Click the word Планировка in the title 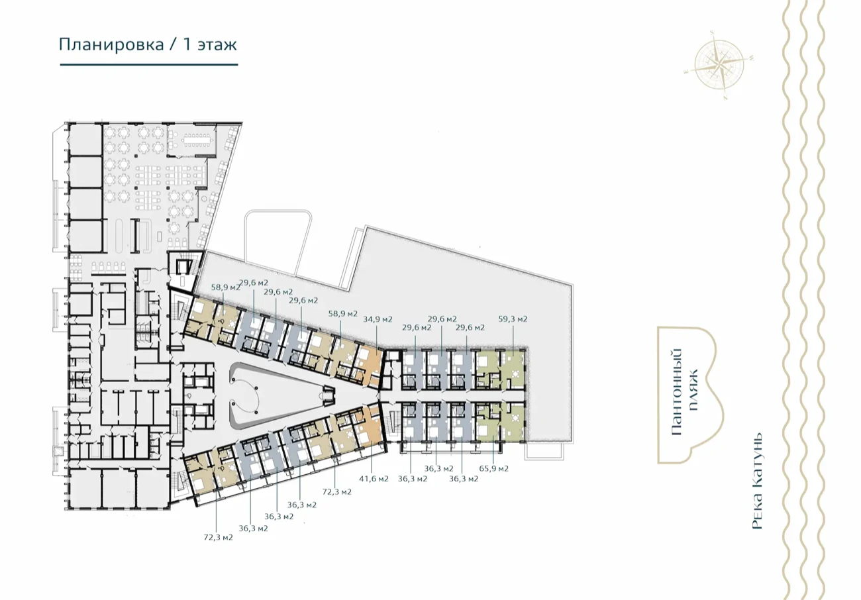111,45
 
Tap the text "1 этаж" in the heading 210,44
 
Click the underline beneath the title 149,65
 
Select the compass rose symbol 719,64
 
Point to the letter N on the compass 725,97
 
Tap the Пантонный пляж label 685,393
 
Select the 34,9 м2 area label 378,319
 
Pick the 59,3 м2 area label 513,319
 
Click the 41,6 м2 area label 374,479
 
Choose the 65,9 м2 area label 493,469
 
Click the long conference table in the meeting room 199,140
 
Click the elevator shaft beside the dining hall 183,266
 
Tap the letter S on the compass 712,32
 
